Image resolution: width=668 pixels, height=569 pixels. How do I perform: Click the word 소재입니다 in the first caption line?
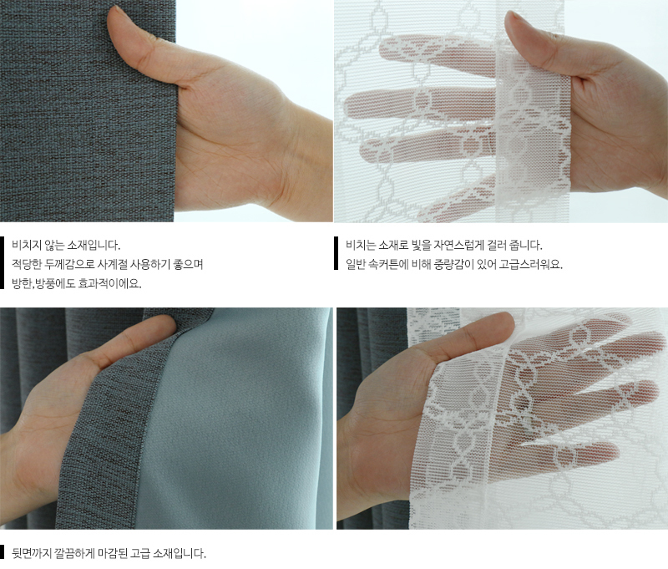tap(94, 246)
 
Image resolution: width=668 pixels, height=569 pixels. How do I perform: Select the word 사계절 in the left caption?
tap(112, 264)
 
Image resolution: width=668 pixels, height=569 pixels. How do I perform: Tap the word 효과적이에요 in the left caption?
tap(110, 283)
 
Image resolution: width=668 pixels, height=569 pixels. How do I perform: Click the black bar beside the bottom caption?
tap(3, 551)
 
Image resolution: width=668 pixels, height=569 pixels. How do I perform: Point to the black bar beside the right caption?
tap(337, 253)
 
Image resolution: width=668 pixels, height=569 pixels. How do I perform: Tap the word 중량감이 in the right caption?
tap(451, 265)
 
